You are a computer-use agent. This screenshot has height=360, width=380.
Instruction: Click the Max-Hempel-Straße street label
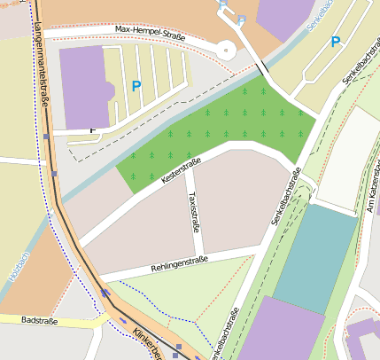tap(151, 34)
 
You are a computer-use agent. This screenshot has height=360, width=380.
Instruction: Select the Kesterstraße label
tap(181, 169)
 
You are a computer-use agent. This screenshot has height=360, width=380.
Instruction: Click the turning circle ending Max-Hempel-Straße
tap(227, 50)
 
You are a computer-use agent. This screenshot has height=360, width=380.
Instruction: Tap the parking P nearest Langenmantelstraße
tap(136, 86)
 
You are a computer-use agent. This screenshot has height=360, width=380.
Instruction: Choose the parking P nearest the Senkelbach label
tap(336, 42)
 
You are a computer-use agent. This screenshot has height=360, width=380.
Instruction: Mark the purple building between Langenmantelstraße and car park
tap(82, 87)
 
